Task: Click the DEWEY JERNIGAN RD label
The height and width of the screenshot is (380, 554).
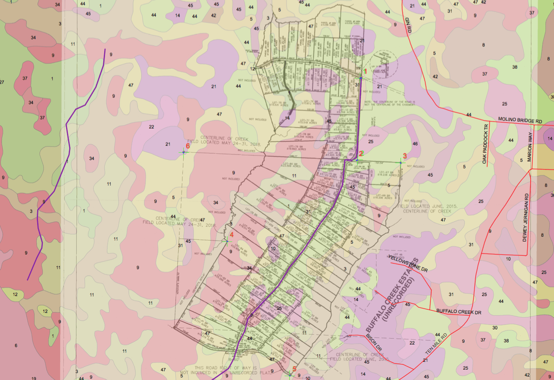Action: pos(525,217)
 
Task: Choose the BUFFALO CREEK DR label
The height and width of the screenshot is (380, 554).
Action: pos(458,311)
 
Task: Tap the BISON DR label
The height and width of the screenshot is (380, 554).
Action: pos(374,342)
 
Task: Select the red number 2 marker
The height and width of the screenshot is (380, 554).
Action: pos(361,153)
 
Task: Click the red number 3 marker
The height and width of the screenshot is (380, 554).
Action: pos(404,155)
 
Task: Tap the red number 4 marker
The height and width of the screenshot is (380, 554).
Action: pos(231,235)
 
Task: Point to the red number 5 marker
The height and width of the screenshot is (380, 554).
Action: pos(294,369)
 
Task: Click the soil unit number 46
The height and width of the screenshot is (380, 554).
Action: pos(415,144)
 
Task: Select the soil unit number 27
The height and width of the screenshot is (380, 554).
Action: pos(2,82)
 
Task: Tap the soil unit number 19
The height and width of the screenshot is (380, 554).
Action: pos(34,378)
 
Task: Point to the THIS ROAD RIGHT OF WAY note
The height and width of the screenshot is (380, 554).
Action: pos(226,369)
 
